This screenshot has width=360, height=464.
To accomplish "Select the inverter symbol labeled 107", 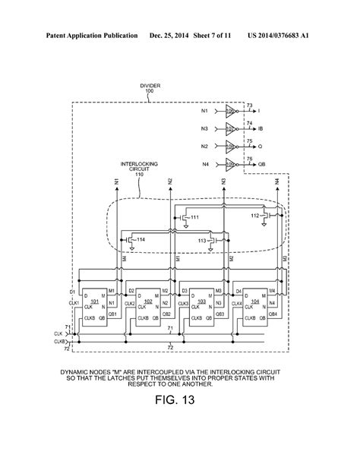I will (231, 130).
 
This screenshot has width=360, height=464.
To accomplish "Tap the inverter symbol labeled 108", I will (231, 145).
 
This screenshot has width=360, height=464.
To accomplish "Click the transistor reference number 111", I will (194, 217).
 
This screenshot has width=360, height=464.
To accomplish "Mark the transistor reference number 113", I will (203, 241).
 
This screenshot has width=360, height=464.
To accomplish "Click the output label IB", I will (261, 130).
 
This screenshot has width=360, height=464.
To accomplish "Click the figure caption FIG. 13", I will (180, 400).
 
